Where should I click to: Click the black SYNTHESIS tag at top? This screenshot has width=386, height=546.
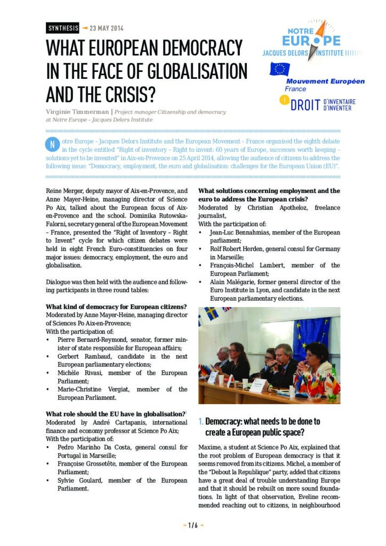[x=63, y=28]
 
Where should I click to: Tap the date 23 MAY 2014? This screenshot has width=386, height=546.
[x=107, y=28]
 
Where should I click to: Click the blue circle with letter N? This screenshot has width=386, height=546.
[x=52, y=144]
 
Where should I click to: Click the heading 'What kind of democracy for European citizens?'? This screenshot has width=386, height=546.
[x=116, y=307]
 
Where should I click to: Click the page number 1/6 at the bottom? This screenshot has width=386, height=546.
[x=192, y=525]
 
